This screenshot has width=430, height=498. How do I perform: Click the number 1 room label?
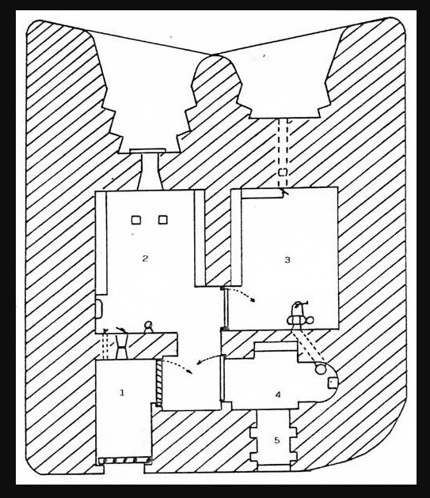122,393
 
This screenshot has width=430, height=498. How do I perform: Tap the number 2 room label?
145,258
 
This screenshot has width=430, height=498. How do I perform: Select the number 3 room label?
287,260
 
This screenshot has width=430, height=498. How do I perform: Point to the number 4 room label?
278,394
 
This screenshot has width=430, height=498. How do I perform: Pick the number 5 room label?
277,440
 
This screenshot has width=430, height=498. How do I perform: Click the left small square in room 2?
136,220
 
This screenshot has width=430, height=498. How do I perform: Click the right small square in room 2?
163,220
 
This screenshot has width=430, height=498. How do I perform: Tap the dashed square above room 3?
283,172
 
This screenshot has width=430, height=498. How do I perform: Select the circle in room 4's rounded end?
321,369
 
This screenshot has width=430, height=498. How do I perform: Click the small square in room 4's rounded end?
333,383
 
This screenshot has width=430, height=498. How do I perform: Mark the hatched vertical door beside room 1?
159,383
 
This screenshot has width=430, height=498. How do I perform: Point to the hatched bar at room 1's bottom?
124,460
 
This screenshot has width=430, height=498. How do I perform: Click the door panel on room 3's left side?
225,308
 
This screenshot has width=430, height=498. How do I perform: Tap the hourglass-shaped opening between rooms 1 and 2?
122,346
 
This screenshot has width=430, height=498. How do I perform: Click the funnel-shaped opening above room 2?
150,172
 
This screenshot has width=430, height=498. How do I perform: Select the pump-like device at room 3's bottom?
300,316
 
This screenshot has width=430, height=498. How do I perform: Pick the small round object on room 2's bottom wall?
148,326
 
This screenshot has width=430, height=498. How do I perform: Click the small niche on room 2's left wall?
99,308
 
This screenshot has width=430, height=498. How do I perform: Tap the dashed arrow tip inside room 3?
253,300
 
